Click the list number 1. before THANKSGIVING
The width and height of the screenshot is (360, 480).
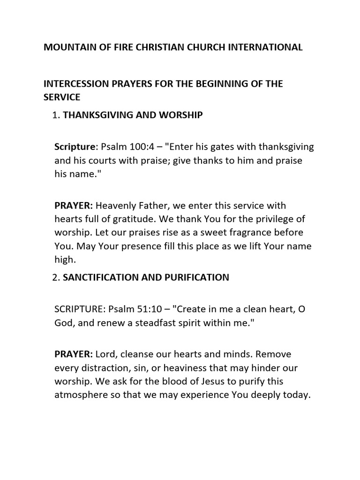[57, 115]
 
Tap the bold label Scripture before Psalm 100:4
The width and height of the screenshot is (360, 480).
[75, 147]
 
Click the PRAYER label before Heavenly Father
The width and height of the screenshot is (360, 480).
[74, 206]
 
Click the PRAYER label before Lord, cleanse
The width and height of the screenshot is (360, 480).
[74, 354]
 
